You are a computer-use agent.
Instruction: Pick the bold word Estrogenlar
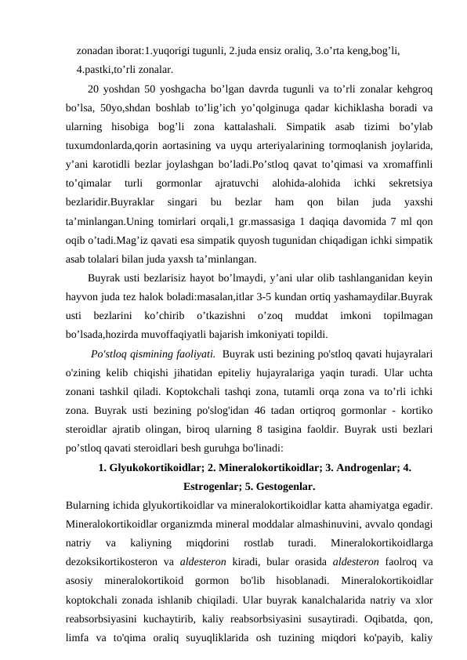point(216,488)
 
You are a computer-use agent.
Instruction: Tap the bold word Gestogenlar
point(284,488)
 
